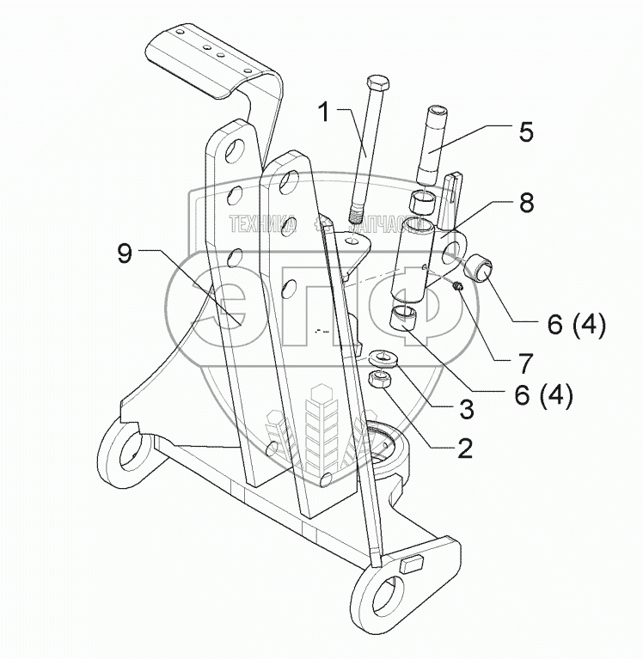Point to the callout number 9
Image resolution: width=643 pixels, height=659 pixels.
pos(125,253)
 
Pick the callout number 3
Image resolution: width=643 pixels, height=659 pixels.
pos(467,410)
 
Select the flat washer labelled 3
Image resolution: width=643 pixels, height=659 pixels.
pos(380,357)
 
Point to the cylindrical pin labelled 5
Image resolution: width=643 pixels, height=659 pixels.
pos(432,142)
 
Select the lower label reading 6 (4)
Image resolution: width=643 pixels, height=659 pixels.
pos(542,396)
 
